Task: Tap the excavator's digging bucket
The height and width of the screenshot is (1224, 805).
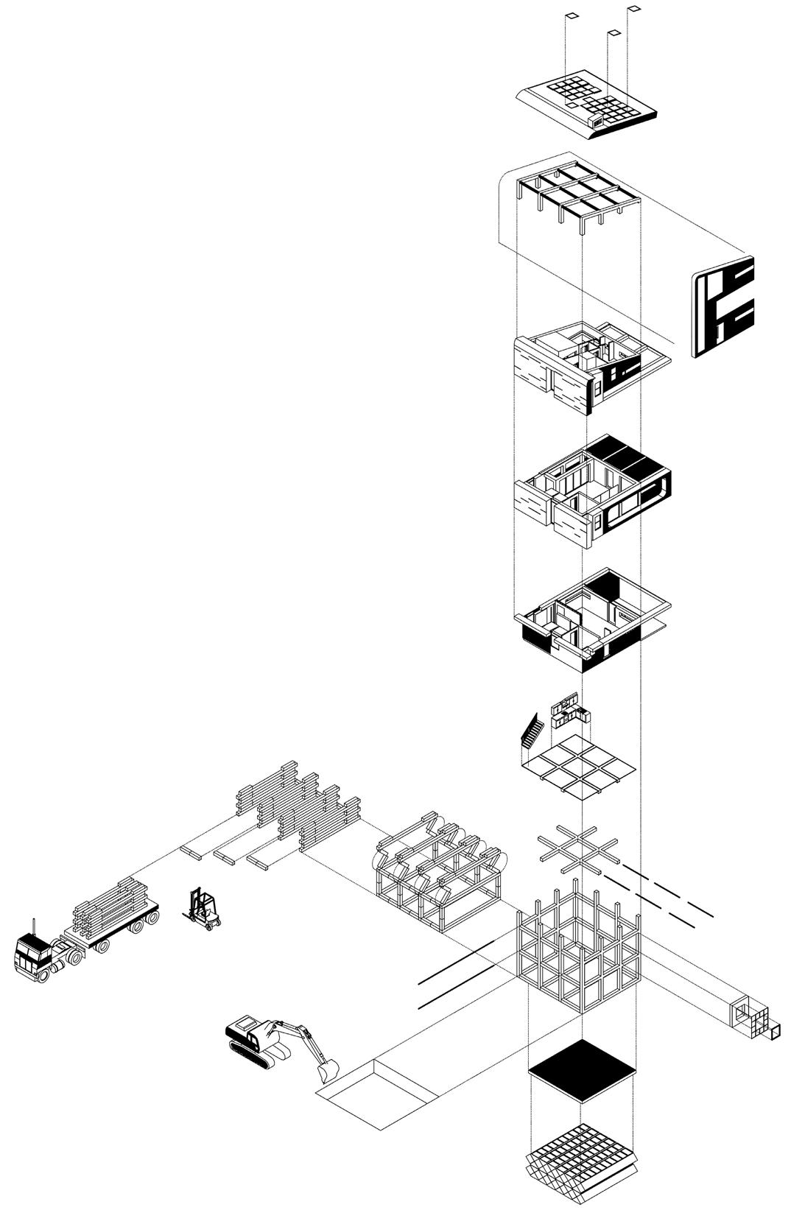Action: pos(326,1069)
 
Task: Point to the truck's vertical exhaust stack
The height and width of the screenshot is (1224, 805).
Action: pos(33,926)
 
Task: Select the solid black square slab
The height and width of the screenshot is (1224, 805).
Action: pos(582,1070)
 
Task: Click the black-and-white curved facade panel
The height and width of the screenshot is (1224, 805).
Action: pos(723,306)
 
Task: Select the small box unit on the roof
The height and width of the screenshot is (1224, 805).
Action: pos(595,119)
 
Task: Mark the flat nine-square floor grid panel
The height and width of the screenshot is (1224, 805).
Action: pos(579,768)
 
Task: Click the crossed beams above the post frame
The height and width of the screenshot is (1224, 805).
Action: pos(578,845)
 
